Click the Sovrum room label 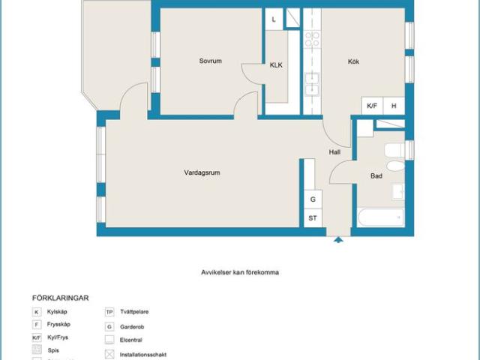coord(211,61)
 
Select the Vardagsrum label coord(202,172)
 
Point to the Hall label coord(334,152)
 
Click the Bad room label coord(376,176)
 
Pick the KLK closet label coord(276,65)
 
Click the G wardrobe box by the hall coord(313,199)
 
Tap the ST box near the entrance coord(313,218)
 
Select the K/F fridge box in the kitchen coord(372,106)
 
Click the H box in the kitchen coord(393,106)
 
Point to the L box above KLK coord(274,19)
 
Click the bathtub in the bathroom coord(381,218)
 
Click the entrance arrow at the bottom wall coord(338,240)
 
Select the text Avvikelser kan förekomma coord(239,272)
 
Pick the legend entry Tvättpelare coord(136,311)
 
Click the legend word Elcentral coord(132,339)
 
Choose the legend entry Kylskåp coord(58,311)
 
